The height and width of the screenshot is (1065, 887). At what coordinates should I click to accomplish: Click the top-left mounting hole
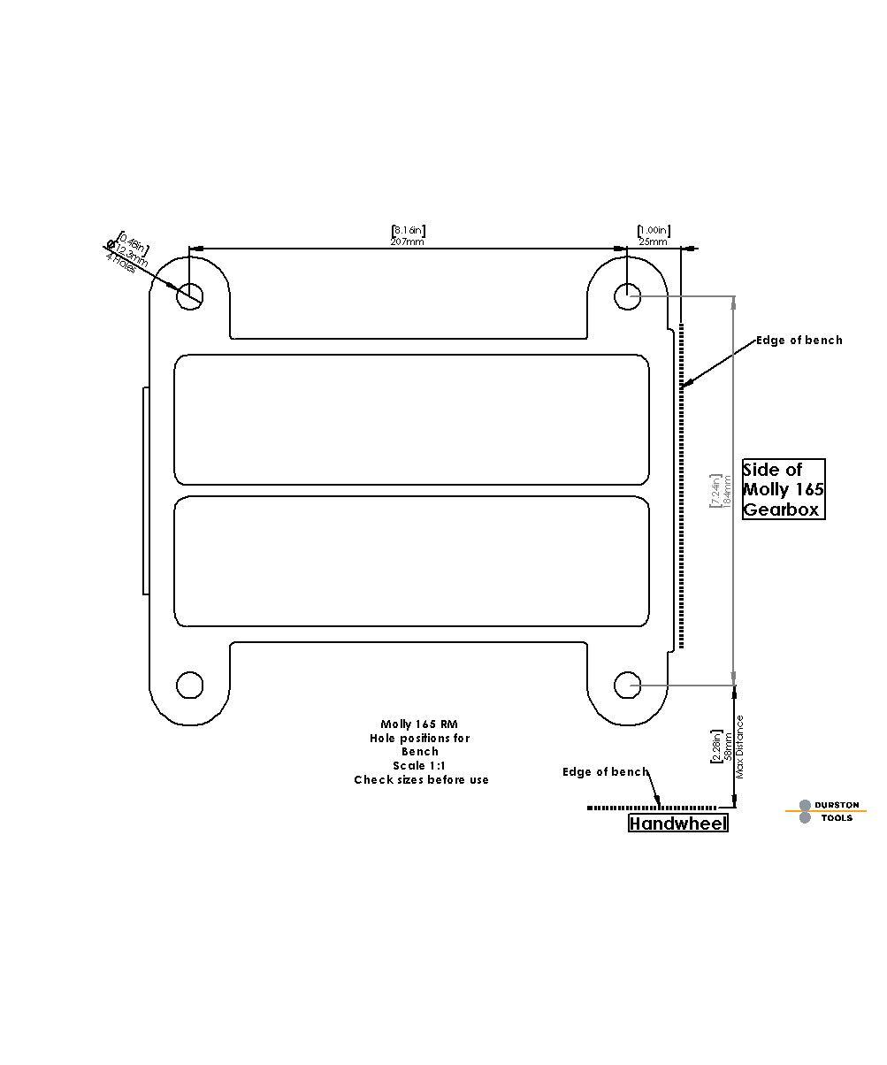(x=190, y=295)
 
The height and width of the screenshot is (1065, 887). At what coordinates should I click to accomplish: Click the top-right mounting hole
(x=628, y=295)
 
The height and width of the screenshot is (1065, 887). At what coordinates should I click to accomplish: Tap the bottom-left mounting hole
(x=190, y=685)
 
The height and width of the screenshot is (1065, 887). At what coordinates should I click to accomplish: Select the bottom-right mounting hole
(x=628, y=685)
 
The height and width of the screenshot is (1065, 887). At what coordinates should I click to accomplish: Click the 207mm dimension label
(x=407, y=241)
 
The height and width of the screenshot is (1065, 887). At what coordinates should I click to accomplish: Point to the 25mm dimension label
(x=653, y=241)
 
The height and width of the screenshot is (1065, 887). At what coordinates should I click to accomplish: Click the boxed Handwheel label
(x=678, y=824)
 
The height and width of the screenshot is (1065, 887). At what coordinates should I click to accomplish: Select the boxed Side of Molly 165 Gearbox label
(x=784, y=489)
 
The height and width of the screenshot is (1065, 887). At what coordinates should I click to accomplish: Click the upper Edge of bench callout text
(x=799, y=341)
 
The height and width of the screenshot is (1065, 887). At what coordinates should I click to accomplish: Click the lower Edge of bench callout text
(x=605, y=772)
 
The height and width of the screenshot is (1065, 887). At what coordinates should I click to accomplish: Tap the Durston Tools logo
(x=825, y=811)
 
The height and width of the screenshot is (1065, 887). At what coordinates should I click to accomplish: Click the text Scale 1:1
(x=419, y=765)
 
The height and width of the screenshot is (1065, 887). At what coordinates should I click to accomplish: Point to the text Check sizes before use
(x=421, y=779)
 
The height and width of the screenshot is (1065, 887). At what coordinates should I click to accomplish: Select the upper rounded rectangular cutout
(x=411, y=419)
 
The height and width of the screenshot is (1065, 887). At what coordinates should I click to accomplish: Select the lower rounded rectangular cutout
(x=411, y=561)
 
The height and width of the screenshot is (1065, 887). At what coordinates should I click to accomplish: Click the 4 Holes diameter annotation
(x=121, y=263)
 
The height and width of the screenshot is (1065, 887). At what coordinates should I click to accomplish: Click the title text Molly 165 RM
(x=419, y=724)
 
